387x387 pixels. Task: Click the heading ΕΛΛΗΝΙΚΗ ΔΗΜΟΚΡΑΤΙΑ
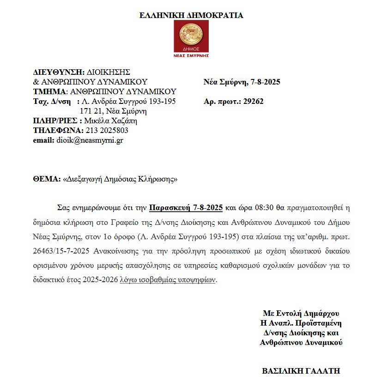point(191,15)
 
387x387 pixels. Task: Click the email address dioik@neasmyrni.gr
point(89,140)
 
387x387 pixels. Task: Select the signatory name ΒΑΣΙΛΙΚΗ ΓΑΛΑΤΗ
point(301,370)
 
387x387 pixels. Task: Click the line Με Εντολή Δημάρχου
point(301,312)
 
